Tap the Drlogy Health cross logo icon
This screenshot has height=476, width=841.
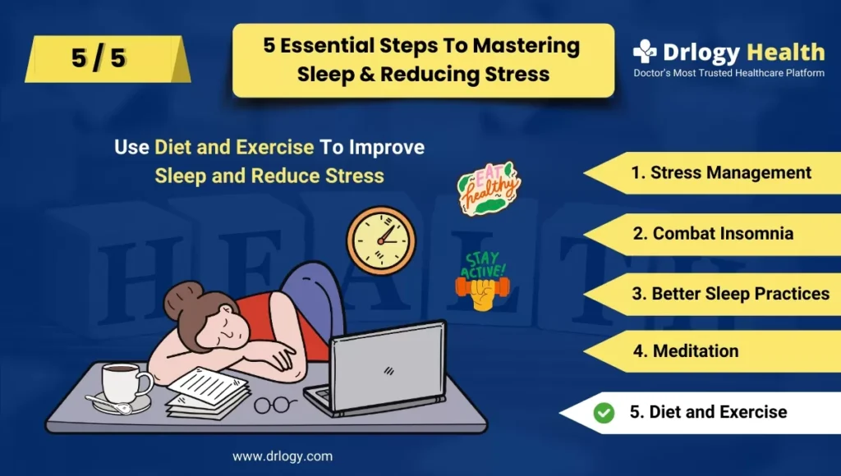click(x=644, y=52)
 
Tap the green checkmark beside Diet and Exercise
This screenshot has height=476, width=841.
click(x=604, y=413)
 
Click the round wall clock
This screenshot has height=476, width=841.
click(x=381, y=241)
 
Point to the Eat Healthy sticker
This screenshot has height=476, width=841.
click(x=488, y=188)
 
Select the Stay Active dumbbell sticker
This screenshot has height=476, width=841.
click(x=482, y=281)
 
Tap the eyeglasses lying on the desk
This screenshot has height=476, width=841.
click(x=274, y=405)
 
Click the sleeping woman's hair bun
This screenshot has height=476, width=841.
click(x=183, y=300)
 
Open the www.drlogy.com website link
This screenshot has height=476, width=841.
click(x=283, y=456)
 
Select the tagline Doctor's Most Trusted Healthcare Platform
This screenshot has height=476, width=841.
click(x=729, y=73)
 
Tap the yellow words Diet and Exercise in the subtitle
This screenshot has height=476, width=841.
click(x=234, y=148)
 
